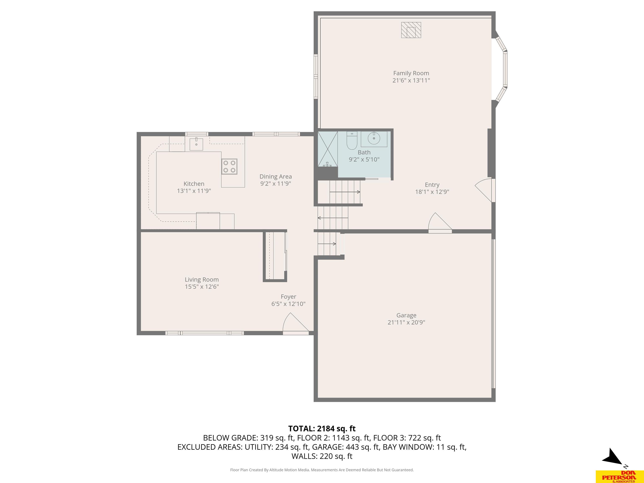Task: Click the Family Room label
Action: [x=411, y=73]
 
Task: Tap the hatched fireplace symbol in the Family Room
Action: [x=411, y=30]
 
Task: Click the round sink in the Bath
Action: [x=374, y=138]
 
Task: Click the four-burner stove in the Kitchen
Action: [x=229, y=166]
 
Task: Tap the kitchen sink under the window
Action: [x=196, y=144]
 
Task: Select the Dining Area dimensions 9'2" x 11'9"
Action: [x=275, y=183]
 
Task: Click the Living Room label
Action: [x=201, y=279]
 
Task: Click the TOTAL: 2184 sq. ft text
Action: [x=322, y=428]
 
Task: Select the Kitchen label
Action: [x=194, y=184]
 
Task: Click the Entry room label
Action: [x=432, y=184]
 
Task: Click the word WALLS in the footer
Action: [x=304, y=456]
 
